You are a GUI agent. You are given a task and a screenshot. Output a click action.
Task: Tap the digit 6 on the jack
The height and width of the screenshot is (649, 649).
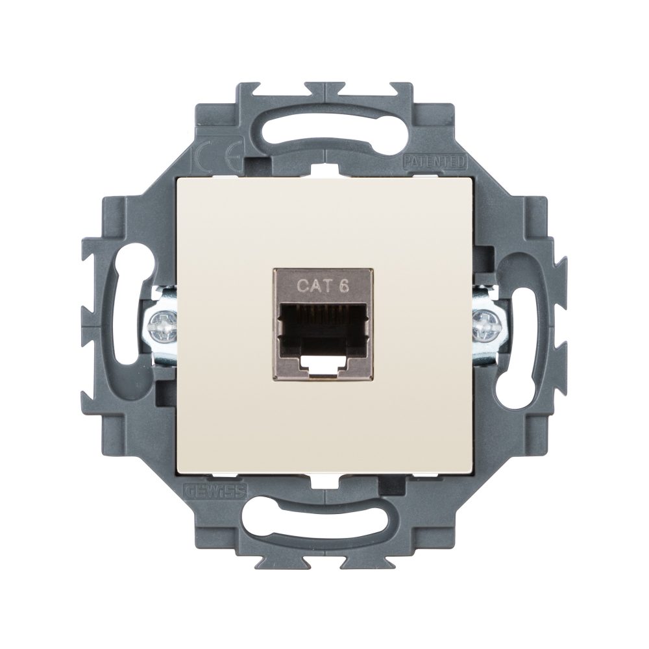point(337,284)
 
